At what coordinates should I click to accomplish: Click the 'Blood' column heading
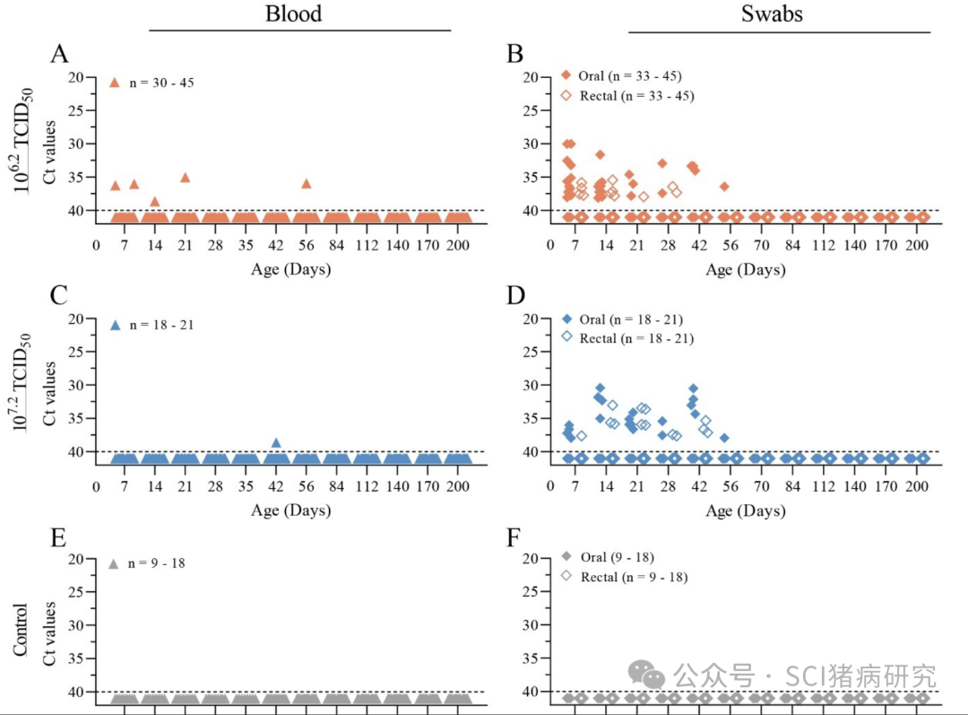point(293,14)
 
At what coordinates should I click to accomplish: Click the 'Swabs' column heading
point(772,14)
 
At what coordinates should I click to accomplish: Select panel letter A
point(59,54)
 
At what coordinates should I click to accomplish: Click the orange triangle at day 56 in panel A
point(307,183)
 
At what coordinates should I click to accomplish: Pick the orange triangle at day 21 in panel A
point(185,178)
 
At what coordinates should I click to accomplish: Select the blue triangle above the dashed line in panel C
point(276,442)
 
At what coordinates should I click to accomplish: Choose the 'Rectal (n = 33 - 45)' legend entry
point(636,95)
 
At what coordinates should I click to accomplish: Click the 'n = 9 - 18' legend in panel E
point(158,563)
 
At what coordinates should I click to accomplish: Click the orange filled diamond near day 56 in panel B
point(724,187)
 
